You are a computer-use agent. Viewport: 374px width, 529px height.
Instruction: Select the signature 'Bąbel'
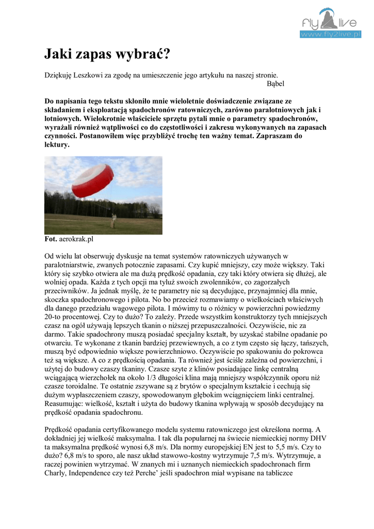(x=275, y=83)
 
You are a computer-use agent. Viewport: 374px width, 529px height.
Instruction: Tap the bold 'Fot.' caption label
(x=51, y=240)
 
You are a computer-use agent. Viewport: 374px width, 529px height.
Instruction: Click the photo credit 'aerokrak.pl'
(x=76, y=240)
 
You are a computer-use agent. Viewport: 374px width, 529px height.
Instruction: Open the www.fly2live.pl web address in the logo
(x=331, y=34)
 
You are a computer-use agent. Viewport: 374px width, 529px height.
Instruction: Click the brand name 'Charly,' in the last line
(x=56, y=473)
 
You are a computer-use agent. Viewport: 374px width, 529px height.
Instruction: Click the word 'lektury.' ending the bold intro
(x=57, y=145)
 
